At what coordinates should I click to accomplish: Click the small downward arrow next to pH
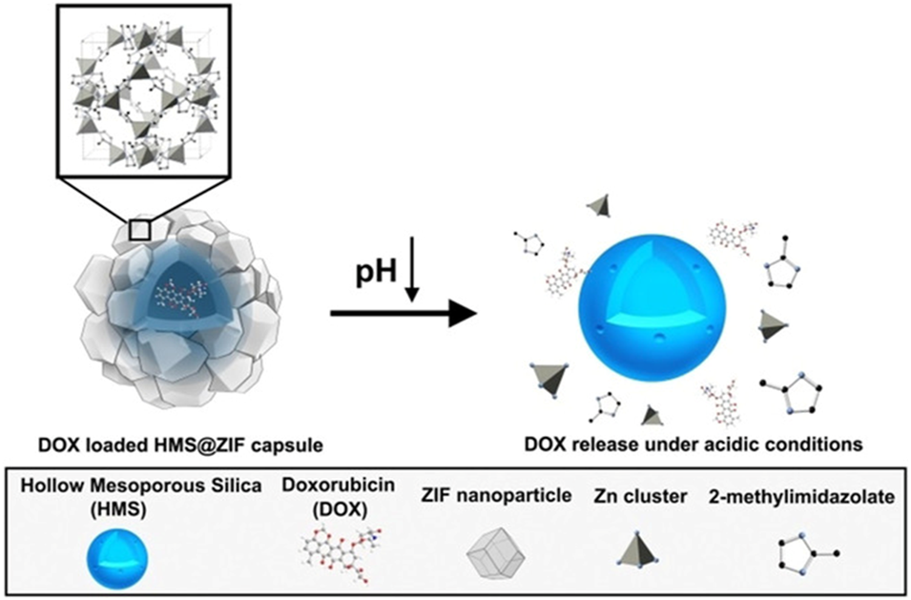(413, 276)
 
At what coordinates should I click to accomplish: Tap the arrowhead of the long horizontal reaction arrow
(464, 313)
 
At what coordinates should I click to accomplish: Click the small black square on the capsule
(140, 230)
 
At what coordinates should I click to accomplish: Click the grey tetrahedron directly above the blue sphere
(600, 205)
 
